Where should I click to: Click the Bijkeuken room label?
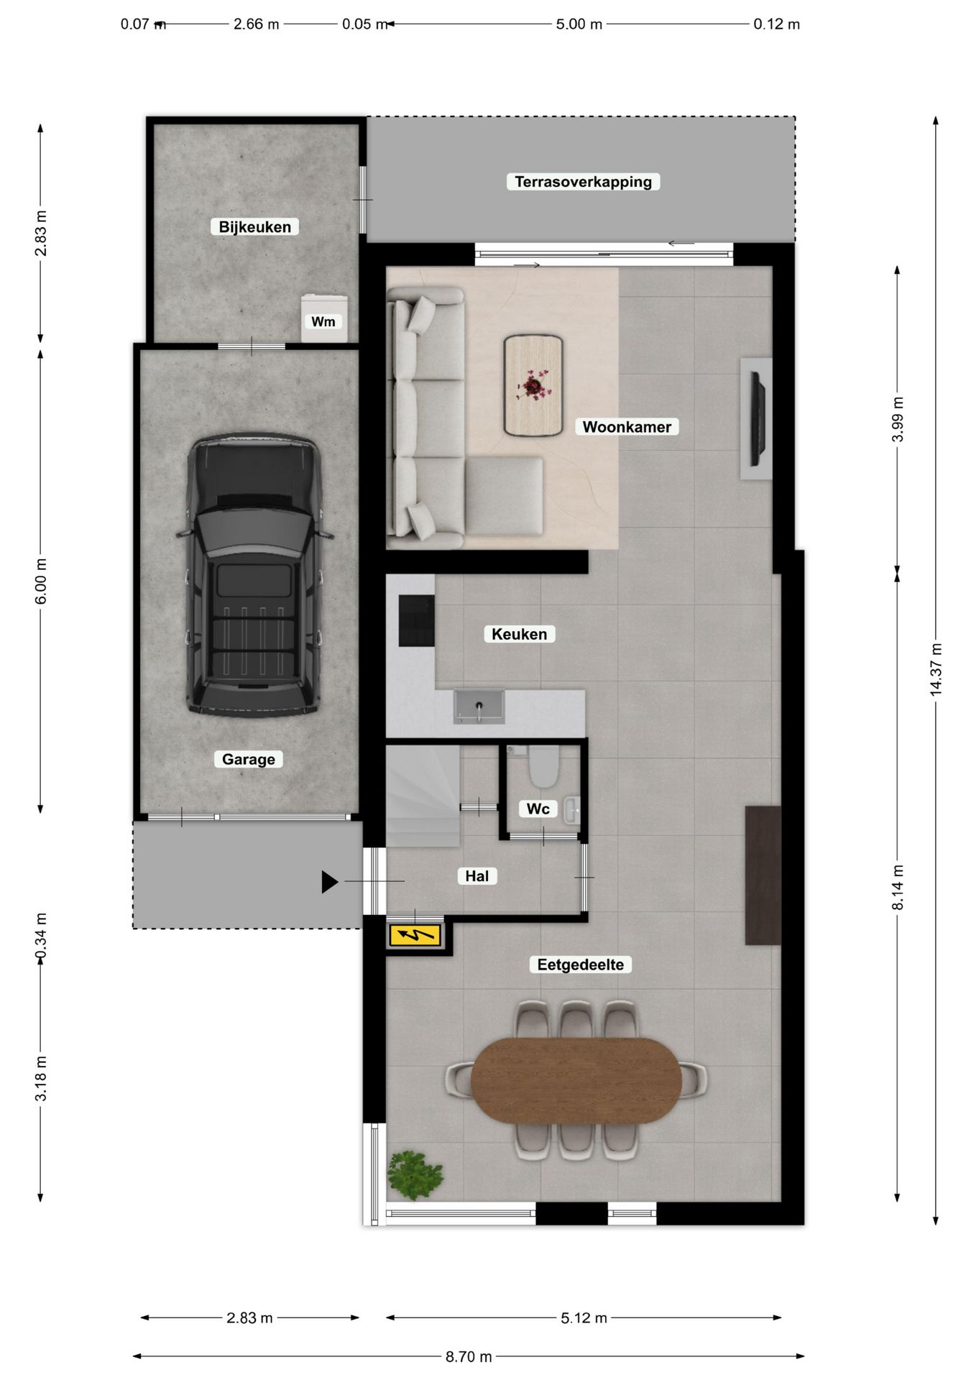(x=254, y=227)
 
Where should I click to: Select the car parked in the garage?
(x=253, y=574)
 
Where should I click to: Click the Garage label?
(x=248, y=759)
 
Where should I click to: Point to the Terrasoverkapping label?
(x=583, y=182)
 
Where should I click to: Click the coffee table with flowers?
(x=533, y=386)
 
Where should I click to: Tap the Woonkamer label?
(x=627, y=427)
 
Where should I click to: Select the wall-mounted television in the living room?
(x=758, y=418)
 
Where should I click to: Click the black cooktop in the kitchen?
(x=417, y=620)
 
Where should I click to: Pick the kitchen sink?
(x=479, y=707)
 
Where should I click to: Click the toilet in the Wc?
(x=543, y=766)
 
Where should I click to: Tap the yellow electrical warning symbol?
(x=415, y=935)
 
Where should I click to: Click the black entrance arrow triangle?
(x=329, y=882)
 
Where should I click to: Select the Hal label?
(x=477, y=876)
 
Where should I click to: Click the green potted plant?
(x=414, y=1175)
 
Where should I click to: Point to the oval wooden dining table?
(x=576, y=1080)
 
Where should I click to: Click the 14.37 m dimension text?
(x=936, y=669)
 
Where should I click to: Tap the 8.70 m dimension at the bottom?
(x=469, y=1356)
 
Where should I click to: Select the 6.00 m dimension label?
(x=41, y=581)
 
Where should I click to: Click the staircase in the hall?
(x=423, y=796)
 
